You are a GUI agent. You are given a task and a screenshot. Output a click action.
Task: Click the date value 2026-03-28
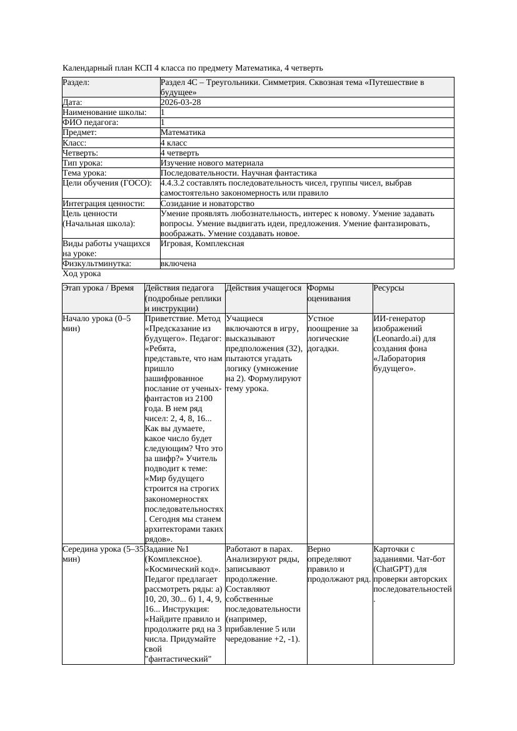pos(181,102)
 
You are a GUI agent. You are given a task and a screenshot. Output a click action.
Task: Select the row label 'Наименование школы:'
pos(104,112)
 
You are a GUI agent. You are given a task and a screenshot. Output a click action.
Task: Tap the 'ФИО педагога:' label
pos(91,122)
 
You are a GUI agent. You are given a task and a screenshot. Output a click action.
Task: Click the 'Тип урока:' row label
pos(83,162)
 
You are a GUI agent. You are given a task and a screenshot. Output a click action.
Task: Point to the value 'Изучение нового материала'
pos(212,162)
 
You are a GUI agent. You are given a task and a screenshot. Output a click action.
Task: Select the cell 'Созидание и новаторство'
pos(207,204)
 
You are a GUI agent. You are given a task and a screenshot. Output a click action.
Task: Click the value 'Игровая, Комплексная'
pos(202,244)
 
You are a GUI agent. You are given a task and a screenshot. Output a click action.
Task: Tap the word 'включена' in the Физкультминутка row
pos(178,264)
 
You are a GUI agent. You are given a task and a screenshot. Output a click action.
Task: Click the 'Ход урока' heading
pos(82,274)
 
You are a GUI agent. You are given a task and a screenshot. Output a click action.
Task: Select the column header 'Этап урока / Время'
pos(98,288)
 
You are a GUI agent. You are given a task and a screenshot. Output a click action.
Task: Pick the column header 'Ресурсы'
pos(389,288)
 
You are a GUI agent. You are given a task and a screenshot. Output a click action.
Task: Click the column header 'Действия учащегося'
pos(264,288)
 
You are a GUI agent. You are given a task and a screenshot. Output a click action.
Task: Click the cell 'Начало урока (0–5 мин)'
pos(97,323)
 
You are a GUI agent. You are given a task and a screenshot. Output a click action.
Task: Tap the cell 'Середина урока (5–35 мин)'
pos(103,554)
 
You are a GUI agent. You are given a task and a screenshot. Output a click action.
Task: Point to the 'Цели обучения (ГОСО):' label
pos(107,183)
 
